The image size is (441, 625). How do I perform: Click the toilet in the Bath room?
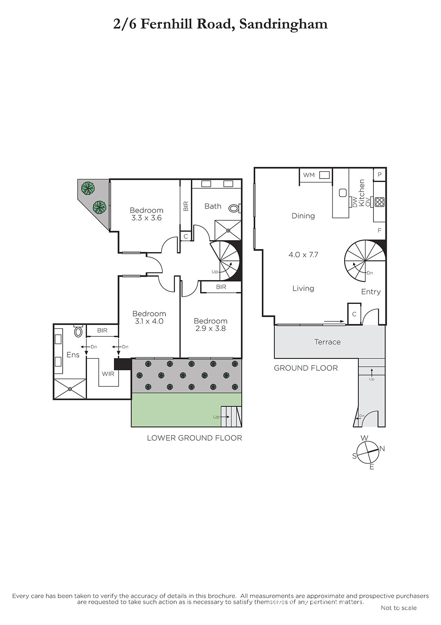pos(235,208)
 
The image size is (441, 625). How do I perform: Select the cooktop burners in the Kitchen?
pos(379,202)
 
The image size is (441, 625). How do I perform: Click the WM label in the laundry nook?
pos(309,175)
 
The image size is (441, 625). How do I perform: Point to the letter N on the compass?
pos(382,449)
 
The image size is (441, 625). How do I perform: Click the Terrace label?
pos(327,342)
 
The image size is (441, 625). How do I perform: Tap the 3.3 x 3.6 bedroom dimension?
pos(146,218)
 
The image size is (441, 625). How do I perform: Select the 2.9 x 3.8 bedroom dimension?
pos(210,329)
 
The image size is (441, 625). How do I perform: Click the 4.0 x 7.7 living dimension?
pos(303,255)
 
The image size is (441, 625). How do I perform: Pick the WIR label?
pos(108,374)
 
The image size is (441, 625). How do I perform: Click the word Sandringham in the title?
pos(283,24)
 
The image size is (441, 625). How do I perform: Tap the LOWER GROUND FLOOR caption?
pos(194,438)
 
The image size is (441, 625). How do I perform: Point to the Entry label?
pos(371,292)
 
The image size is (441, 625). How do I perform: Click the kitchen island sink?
pos(343,193)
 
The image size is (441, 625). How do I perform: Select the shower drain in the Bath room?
pos(228,230)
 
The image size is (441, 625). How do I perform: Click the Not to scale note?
pos(398,608)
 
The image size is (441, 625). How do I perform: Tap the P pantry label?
pos(379,175)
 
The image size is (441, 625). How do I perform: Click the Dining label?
pos(303,216)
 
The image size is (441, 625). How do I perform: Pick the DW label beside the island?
pos(355,202)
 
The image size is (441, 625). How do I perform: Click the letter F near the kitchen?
pos(379,230)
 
